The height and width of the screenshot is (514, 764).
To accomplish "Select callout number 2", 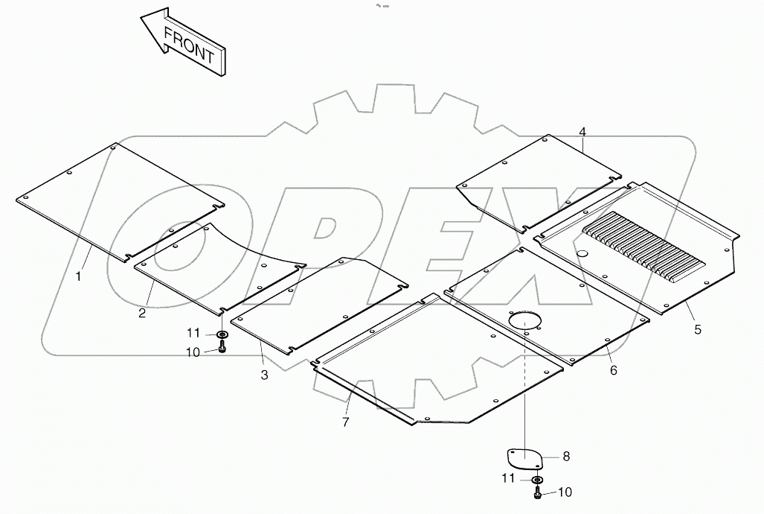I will pos(141,313).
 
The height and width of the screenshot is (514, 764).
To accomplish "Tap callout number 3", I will pos(264,375).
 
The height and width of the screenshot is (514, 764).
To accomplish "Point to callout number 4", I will pos(582,132).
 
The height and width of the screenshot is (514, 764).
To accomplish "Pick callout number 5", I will pos(697,329).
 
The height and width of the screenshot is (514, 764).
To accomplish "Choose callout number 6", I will pos(613,370).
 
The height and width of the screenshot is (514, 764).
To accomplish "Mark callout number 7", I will pos(344,422).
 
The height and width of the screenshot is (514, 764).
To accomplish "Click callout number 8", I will pos(565,456).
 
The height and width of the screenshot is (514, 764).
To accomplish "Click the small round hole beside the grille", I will pos(582,255).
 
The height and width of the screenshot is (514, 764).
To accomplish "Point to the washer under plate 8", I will pos(537,480).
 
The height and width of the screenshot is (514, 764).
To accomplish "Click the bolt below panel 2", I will pos(222,346).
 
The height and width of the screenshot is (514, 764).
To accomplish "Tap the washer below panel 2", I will pos(222,334).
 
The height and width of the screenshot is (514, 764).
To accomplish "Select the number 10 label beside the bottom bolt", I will pos(565,492).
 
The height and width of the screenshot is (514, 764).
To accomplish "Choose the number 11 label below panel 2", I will pos(193,333).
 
